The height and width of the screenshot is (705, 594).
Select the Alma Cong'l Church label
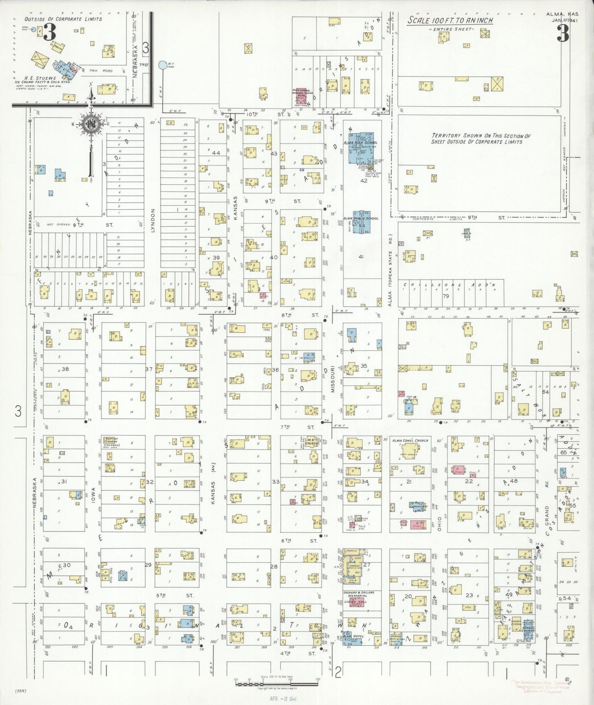click(410, 440)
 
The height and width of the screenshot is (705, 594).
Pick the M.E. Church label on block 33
click(311, 440)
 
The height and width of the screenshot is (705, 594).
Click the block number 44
click(216, 153)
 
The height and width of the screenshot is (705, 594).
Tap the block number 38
click(65, 369)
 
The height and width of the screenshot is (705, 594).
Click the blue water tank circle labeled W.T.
click(162, 65)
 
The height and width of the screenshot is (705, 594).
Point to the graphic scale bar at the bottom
click(276, 684)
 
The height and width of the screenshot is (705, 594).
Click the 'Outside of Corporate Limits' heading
click(63, 19)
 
